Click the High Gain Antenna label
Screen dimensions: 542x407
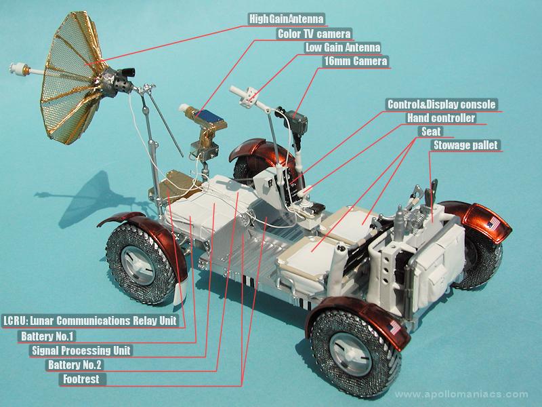coord(287,19)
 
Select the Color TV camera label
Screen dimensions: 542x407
coord(314,34)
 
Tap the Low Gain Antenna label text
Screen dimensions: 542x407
coord(343,47)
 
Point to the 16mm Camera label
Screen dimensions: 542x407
coord(355,61)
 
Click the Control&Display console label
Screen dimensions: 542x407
coord(442,104)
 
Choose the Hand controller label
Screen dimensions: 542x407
coord(441,118)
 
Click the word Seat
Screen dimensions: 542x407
coord(431,132)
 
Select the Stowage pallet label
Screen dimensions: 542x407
coord(465,145)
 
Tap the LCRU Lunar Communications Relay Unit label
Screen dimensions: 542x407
coord(90,321)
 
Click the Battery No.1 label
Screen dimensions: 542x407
coord(47,336)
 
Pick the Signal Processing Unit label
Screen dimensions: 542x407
coord(81,350)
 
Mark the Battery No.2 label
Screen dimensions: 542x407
coord(75,365)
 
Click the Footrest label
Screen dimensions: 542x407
coord(81,379)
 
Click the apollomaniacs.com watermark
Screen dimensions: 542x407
coord(461,394)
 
